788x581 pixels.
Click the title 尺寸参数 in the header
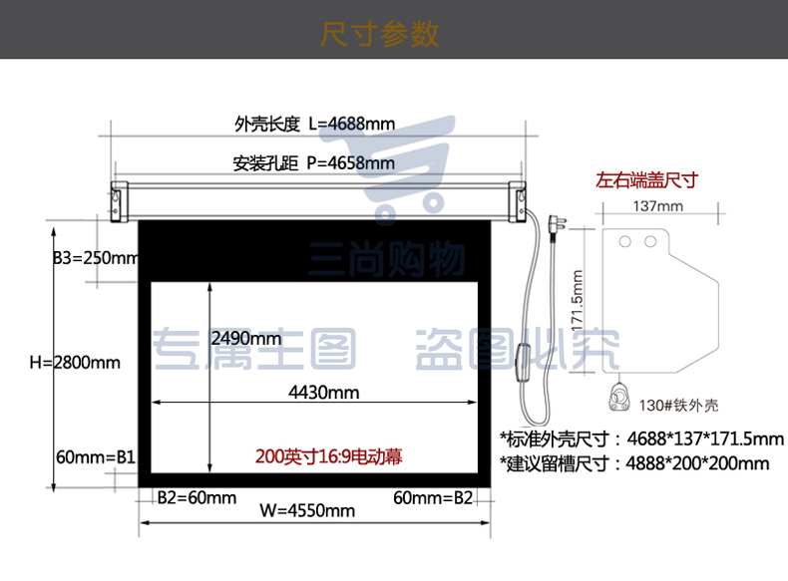coord(379,34)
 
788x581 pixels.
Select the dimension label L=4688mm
coord(352,124)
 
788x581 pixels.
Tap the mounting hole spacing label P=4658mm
coord(351,163)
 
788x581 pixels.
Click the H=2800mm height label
coord(75,362)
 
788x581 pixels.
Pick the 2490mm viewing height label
coord(246,339)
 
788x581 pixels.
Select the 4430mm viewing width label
coord(324,393)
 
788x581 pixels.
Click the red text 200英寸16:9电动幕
coord(329,456)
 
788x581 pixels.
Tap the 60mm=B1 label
coord(96,457)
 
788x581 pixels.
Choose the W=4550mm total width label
coord(307,510)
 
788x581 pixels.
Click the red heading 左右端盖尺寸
coord(646,179)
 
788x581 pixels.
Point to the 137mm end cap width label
coord(658,206)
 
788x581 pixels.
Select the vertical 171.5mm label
coord(578,300)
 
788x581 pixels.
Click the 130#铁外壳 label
coord(679,406)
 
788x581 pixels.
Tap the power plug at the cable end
coord(557,223)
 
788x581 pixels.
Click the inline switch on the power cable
coord(524,362)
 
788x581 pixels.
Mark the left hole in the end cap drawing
coord(625,242)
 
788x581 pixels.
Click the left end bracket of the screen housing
coord(119,202)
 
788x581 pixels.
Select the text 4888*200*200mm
coord(697,463)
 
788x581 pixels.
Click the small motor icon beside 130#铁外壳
coord(619,398)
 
